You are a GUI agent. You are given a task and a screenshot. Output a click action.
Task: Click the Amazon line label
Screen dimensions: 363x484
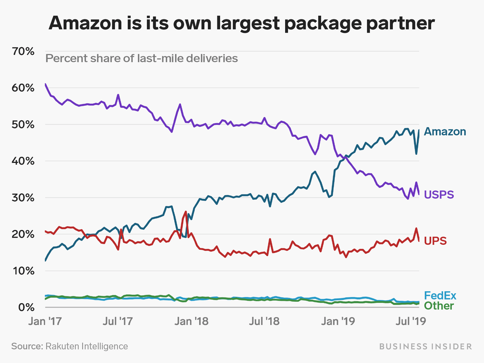click(x=445, y=131)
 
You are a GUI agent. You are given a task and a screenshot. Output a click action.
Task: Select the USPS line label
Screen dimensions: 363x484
click(x=439, y=195)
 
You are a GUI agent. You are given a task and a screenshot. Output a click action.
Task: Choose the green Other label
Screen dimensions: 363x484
click(x=439, y=306)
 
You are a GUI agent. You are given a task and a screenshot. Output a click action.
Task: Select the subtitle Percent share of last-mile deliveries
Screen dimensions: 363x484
click(x=142, y=58)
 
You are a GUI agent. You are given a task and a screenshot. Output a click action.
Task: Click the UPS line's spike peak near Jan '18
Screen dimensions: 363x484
click(x=186, y=211)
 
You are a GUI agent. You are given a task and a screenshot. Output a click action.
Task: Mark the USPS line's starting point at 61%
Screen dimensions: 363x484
click(x=45, y=84)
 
